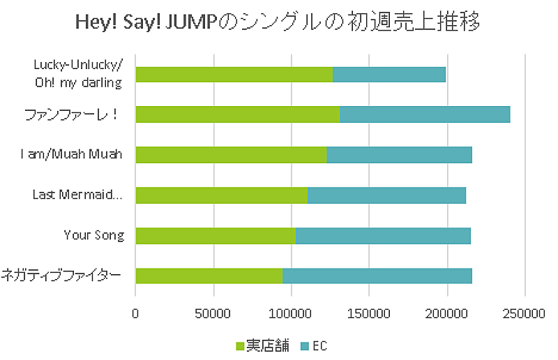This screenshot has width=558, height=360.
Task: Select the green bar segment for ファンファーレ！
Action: click(x=237, y=114)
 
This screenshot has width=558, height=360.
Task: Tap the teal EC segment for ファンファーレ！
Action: click(x=425, y=114)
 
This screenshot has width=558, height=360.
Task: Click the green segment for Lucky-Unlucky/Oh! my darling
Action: click(x=234, y=74)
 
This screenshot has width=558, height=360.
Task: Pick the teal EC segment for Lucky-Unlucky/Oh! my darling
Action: click(x=389, y=74)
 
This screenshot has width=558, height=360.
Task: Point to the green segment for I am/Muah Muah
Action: click(x=231, y=155)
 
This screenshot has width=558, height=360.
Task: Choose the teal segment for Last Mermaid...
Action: click(x=386, y=195)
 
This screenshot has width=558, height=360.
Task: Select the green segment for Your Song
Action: click(x=215, y=236)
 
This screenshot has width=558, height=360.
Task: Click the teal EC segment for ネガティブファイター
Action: click(x=377, y=276)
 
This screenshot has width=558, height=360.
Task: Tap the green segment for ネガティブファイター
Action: click(x=209, y=276)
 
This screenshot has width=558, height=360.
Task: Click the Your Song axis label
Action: click(x=93, y=235)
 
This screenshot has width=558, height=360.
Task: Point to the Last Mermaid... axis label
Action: click(x=77, y=195)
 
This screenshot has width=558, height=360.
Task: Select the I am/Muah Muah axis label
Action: click(x=71, y=154)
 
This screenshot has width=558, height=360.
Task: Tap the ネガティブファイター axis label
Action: click(x=62, y=275)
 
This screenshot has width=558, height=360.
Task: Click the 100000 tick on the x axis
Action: click(x=291, y=314)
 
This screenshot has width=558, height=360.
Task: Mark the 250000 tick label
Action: click(x=525, y=314)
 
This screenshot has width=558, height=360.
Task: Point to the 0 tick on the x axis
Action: click(x=135, y=314)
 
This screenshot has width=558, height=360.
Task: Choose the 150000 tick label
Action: click(x=369, y=314)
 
